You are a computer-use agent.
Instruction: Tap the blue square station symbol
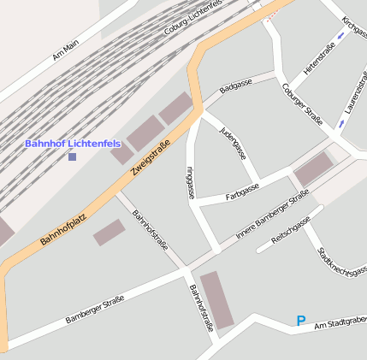[x=72, y=156]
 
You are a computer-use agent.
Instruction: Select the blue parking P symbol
[x=300, y=321]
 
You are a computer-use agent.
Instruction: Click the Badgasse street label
[x=235, y=87]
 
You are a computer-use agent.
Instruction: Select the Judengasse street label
[x=233, y=143]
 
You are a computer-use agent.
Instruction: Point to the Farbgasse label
[x=242, y=192]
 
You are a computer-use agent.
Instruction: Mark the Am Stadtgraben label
[x=340, y=324]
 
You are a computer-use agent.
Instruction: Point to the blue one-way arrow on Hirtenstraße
[x=341, y=36]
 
